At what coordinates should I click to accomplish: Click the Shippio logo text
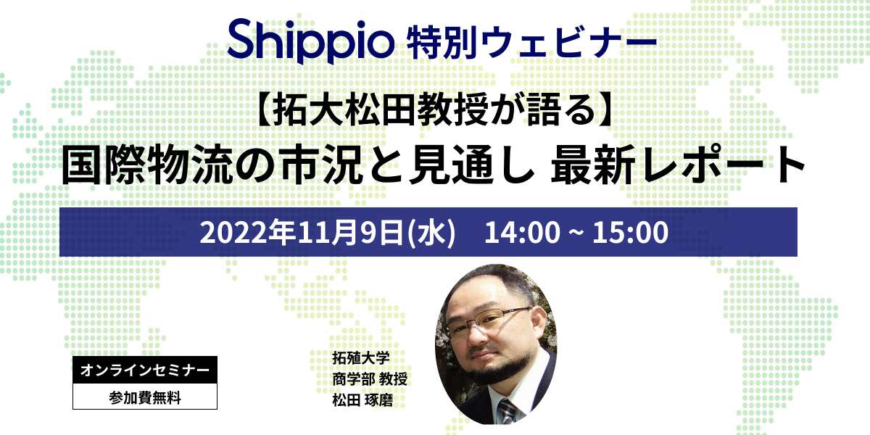tap(311, 41)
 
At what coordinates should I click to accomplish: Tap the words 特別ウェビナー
tap(531, 41)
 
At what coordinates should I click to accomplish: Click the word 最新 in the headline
tap(594, 164)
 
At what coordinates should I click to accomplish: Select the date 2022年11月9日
tap(302, 232)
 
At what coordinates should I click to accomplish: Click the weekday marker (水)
tap(431, 232)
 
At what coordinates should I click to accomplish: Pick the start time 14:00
tap(523, 232)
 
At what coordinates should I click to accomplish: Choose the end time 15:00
tap(630, 232)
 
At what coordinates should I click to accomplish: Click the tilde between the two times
tap(576, 232)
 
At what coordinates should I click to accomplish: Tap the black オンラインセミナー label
tap(145, 370)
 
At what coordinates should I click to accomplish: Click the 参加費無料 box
tap(145, 397)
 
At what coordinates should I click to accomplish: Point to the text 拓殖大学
tap(361, 357)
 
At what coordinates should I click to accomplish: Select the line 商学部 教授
tap(370, 378)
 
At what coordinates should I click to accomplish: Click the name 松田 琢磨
tap(362, 399)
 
